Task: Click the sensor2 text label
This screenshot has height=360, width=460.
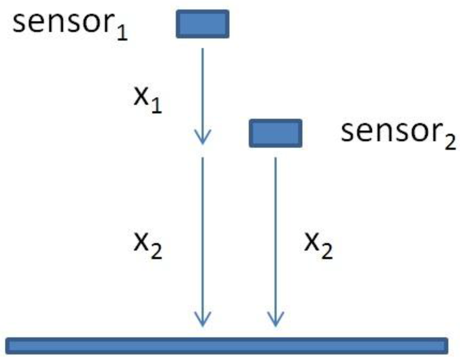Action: tap(398, 133)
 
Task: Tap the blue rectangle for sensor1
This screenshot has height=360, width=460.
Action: tap(203, 24)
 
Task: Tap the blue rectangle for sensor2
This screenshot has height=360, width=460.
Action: tap(275, 133)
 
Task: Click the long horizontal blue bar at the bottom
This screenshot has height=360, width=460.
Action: tap(227, 345)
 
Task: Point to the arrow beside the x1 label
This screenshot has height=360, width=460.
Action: tap(203, 94)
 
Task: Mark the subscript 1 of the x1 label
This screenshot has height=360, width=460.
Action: tap(156, 106)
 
